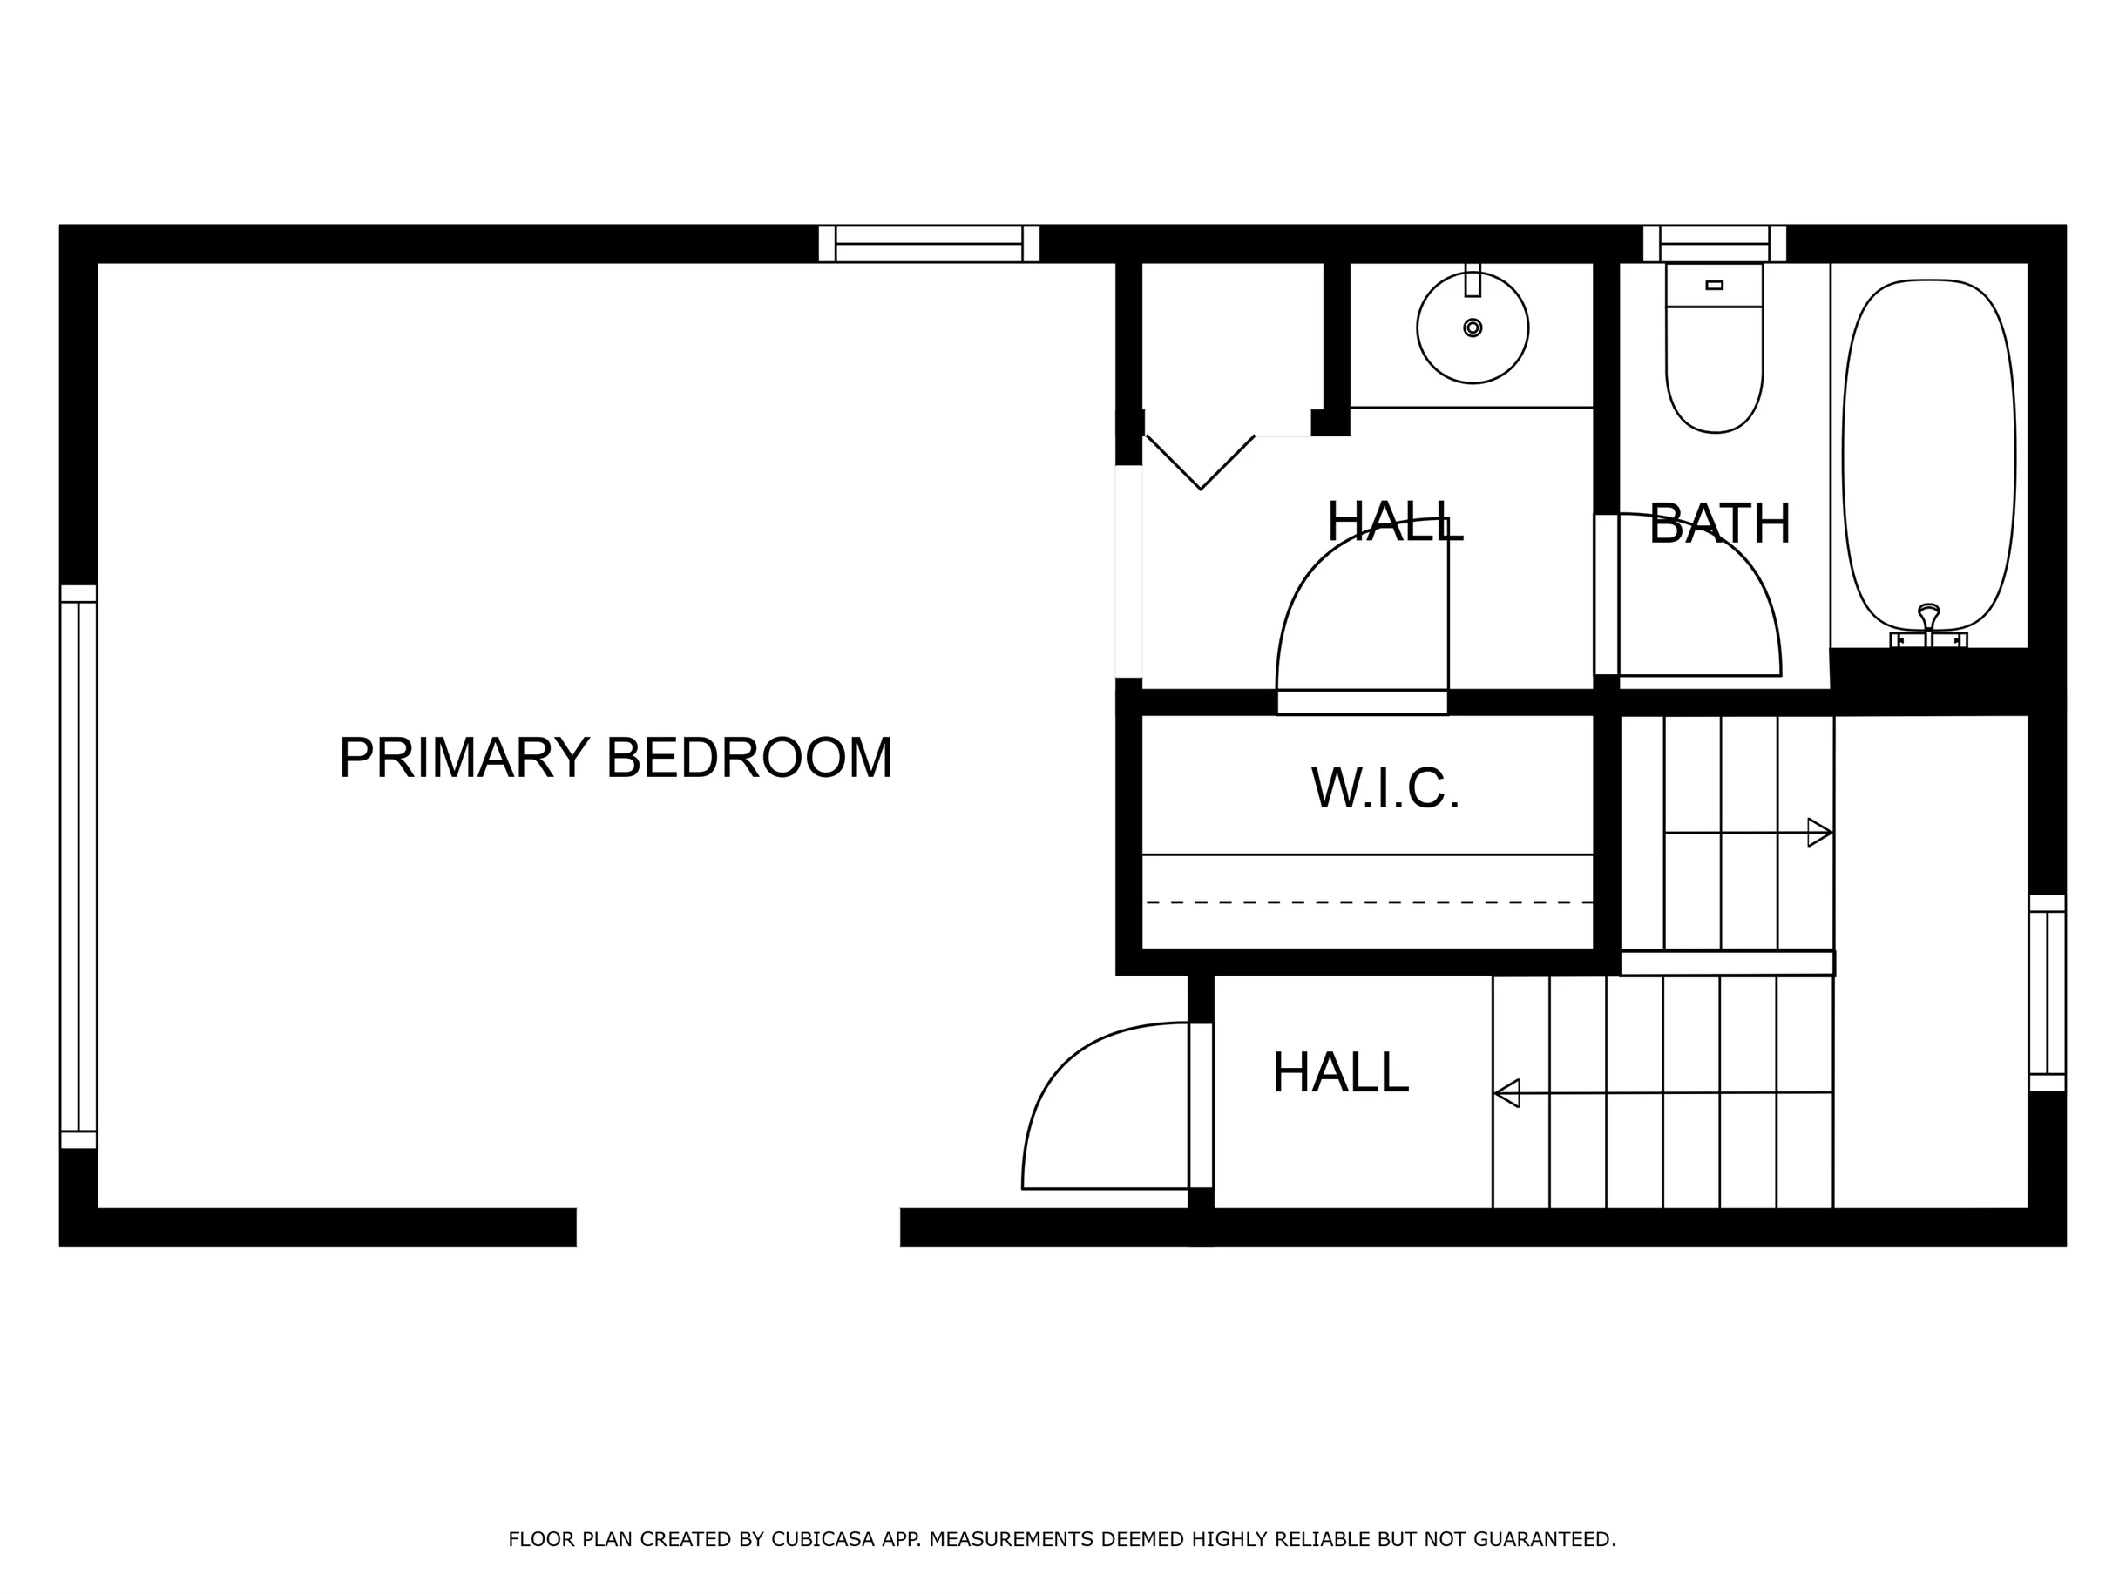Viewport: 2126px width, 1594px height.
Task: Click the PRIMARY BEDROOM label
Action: (x=616, y=757)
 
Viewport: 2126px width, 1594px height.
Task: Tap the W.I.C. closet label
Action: (x=1385, y=788)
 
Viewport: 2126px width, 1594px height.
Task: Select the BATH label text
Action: (x=1719, y=523)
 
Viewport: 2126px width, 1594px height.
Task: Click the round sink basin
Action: (x=1473, y=328)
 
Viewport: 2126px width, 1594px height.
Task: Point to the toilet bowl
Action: (x=1715, y=370)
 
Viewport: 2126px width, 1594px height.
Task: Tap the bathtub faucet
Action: (x=1928, y=625)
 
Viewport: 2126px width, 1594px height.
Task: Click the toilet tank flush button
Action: (x=1715, y=286)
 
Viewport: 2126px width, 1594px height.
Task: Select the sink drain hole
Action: (x=1473, y=328)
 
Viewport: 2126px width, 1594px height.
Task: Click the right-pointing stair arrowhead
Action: (x=1819, y=832)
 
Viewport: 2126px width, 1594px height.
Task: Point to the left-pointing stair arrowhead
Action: (x=1506, y=1093)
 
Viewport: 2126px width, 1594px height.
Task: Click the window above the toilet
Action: (x=1715, y=244)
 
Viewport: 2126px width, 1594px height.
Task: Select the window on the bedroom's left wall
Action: (x=78, y=867)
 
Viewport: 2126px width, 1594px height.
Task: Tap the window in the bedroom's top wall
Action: (x=930, y=244)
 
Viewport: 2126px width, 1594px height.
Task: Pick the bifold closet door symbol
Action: (x=1201, y=463)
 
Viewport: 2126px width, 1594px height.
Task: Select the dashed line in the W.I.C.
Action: (x=1369, y=902)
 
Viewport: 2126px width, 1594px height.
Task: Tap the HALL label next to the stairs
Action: (x=1340, y=1072)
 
